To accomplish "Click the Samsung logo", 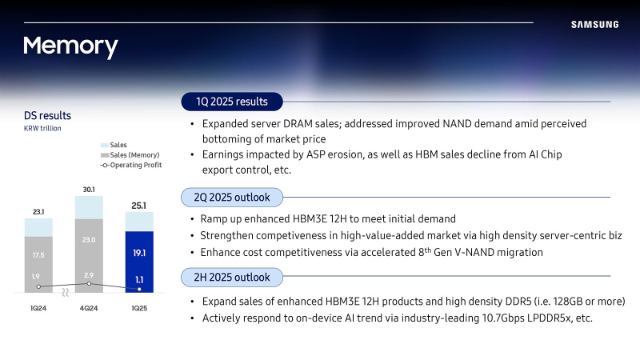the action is pos(594,25).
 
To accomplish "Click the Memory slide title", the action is pos(70,46).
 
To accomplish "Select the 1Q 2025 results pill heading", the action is pos(232,102).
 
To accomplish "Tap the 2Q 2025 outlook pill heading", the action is pos(232,198).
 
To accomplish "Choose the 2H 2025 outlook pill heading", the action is pos(232,278).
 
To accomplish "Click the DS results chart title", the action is pos(47,115).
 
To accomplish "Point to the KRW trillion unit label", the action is pos(42,128).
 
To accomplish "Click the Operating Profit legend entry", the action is pos(131,165).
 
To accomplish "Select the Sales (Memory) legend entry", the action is pos(130,155).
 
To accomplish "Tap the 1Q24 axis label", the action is pos(38,308).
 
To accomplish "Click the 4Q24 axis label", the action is pos(89,308).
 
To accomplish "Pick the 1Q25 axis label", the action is pos(139,308).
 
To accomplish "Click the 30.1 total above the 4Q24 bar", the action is pos(89,190).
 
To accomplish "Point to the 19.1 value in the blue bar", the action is pos(139,253).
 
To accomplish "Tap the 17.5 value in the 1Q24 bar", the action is pos(38,255).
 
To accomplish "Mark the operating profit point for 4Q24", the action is pos(89,284).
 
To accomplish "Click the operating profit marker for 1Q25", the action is pos(139,289).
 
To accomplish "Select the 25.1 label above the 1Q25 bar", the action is pos(138,206).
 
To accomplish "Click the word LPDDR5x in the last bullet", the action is pos(549,318).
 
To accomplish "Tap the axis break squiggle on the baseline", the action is pos(66,292).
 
